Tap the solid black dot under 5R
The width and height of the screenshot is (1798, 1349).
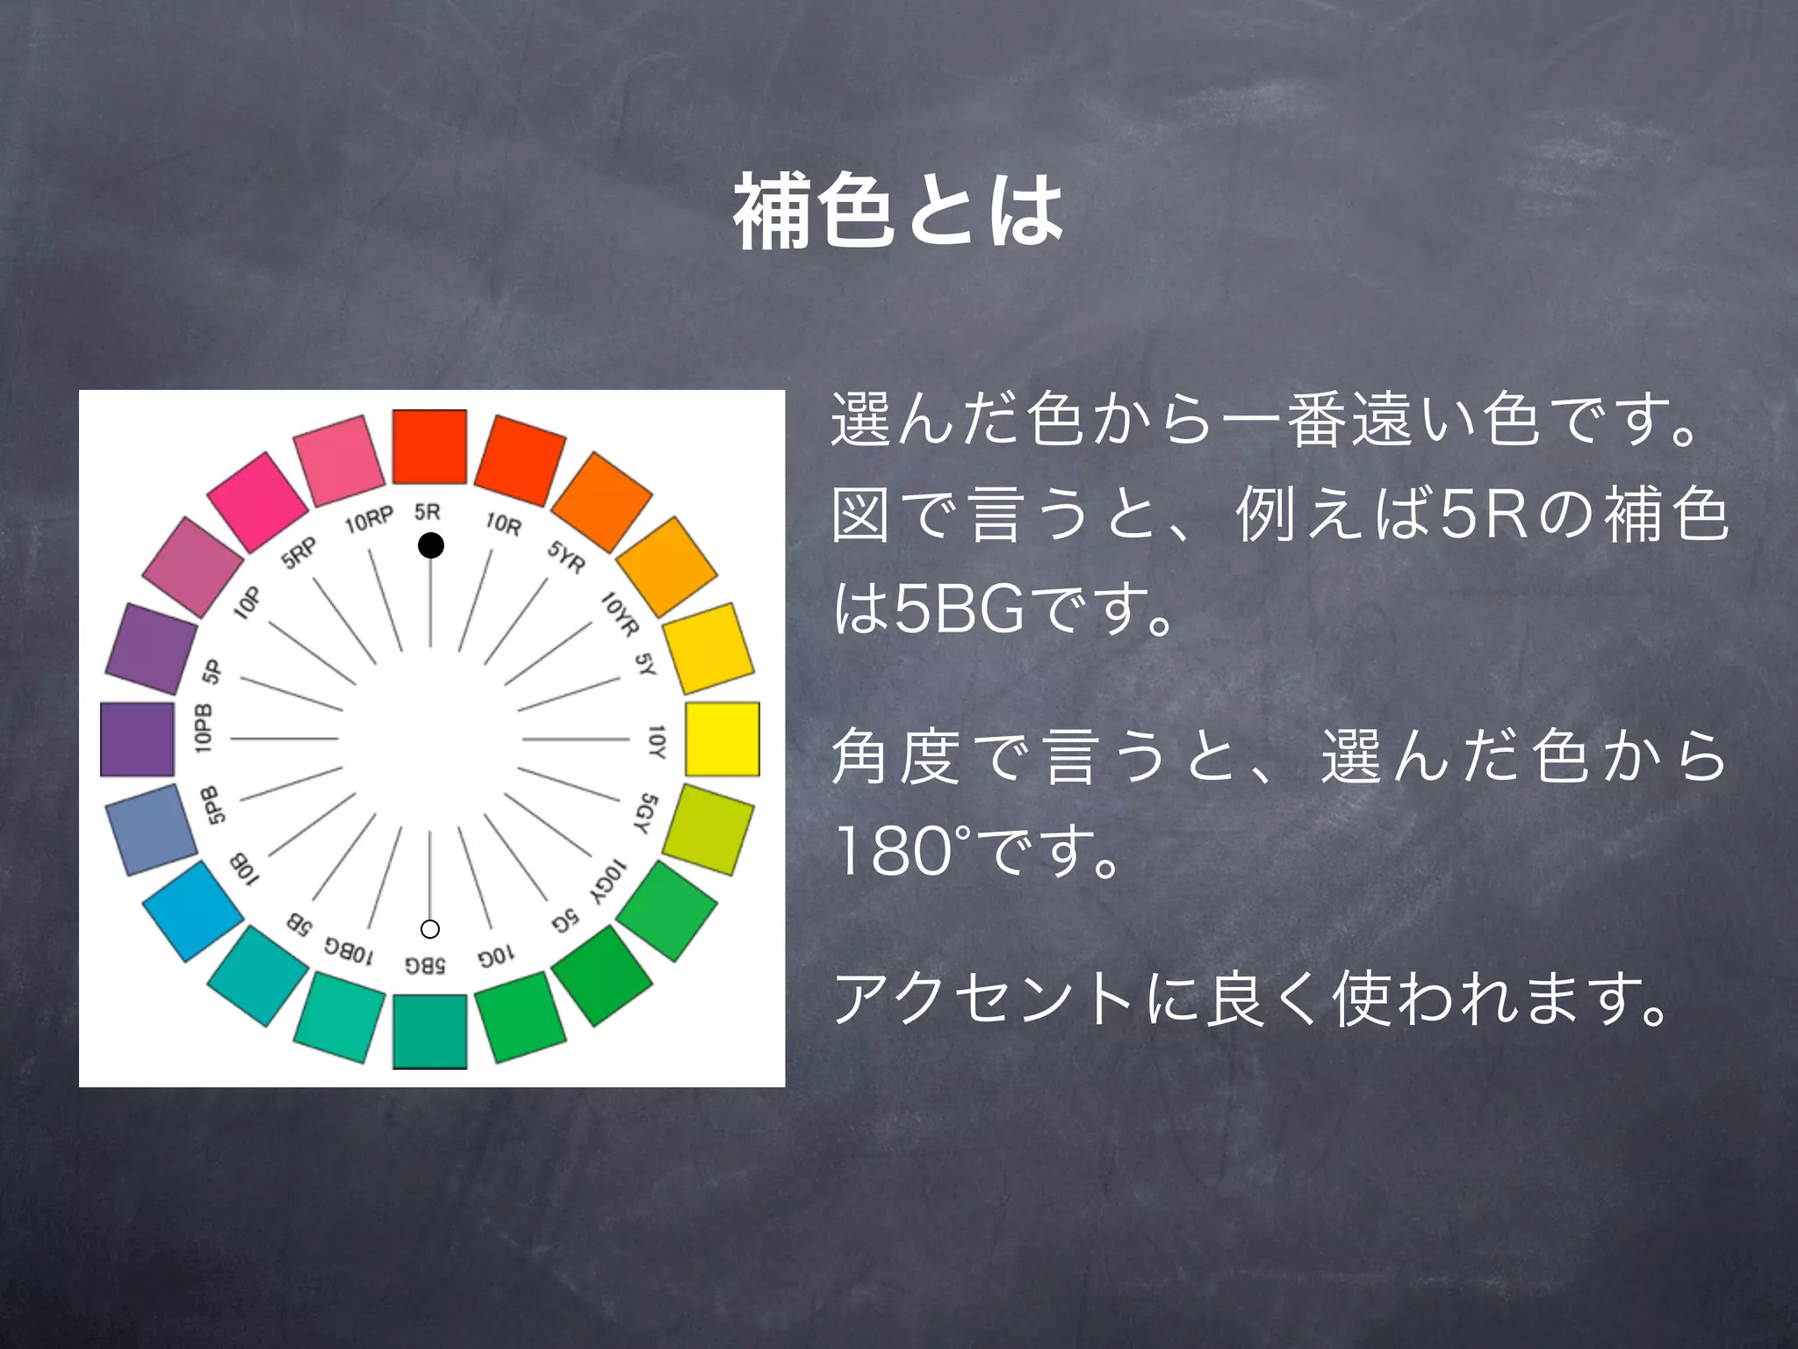coord(430,545)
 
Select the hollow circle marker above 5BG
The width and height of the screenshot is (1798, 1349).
coord(430,928)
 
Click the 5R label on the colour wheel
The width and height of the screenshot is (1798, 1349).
coord(428,511)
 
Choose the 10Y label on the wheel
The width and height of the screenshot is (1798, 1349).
coord(657,741)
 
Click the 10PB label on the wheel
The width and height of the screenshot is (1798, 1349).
coord(204,727)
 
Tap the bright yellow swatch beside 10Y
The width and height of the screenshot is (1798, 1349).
coord(722,739)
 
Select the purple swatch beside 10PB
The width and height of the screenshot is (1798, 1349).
coord(138,739)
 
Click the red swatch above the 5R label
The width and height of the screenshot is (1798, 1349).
coord(429,446)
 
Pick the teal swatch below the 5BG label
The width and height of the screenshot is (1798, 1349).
coord(429,1031)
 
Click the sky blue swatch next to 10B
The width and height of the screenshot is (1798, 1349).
coord(192,910)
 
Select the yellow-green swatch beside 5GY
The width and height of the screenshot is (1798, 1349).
coord(708,829)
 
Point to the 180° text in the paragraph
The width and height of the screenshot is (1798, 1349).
coord(895,850)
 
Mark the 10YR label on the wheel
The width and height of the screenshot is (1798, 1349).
coord(620,613)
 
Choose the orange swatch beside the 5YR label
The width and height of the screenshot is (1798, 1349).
coord(602,501)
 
